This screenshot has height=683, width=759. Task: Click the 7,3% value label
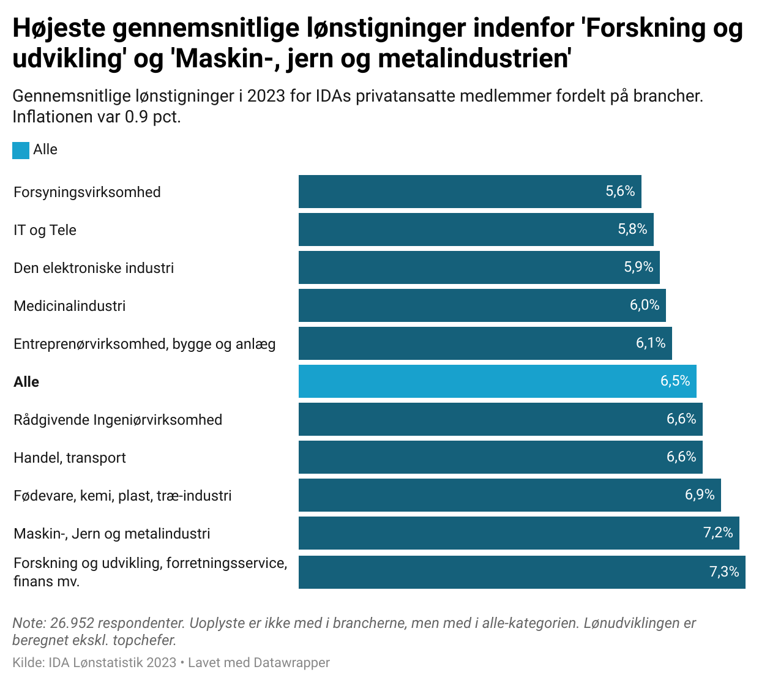click(x=724, y=572)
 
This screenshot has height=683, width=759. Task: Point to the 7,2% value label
click(x=718, y=532)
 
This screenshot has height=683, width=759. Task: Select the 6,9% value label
click(x=700, y=495)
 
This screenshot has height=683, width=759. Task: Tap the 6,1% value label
click(x=651, y=343)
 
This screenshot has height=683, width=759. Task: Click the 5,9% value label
click(x=638, y=267)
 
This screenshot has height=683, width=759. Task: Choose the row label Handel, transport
click(x=70, y=458)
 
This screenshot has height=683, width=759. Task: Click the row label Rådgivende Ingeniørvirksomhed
click(x=118, y=420)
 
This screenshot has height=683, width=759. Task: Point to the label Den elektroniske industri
click(x=94, y=268)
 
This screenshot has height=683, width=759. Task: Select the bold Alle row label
click(x=26, y=382)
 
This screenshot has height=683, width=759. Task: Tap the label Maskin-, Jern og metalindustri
click(x=111, y=534)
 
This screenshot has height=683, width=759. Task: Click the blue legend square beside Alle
click(x=21, y=150)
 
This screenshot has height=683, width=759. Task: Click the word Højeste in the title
click(x=59, y=28)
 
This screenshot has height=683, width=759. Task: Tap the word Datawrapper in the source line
click(x=291, y=662)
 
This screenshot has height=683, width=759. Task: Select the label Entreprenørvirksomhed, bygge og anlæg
click(x=144, y=344)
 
